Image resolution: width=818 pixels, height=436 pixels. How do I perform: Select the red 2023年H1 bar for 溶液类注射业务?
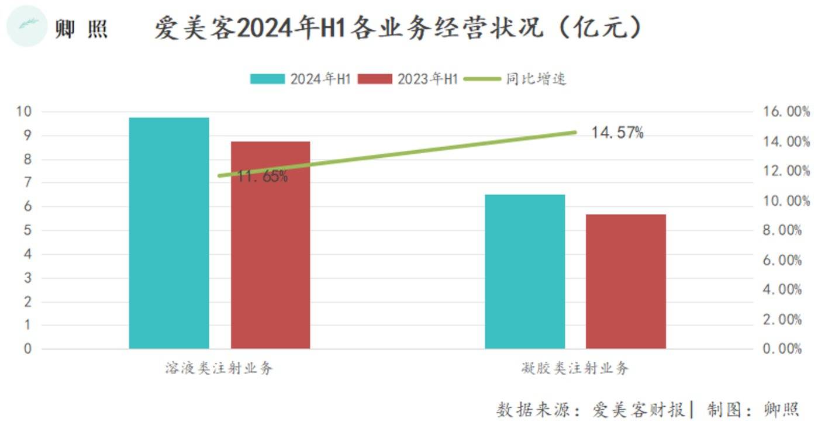(270, 245)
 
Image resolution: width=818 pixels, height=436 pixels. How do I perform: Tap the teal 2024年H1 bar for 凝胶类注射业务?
(524, 271)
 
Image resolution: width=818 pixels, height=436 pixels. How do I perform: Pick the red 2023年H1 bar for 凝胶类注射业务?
(626, 281)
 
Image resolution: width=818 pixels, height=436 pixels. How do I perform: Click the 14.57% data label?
(617, 133)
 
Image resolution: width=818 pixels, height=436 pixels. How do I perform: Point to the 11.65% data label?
(263, 177)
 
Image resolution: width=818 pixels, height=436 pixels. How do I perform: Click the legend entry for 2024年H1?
(300, 79)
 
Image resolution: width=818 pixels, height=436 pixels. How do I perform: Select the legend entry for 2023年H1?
(408, 79)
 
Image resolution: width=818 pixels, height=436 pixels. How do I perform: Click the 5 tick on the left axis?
(27, 230)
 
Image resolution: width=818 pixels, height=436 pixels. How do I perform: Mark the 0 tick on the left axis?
(27, 349)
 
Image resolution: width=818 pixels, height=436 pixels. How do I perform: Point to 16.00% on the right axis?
(786, 112)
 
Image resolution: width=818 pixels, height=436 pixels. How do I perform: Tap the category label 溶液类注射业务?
(219, 369)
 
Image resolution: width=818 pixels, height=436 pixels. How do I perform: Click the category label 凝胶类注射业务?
(575, 369)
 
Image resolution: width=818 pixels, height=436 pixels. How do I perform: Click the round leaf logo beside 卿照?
(26, 26)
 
